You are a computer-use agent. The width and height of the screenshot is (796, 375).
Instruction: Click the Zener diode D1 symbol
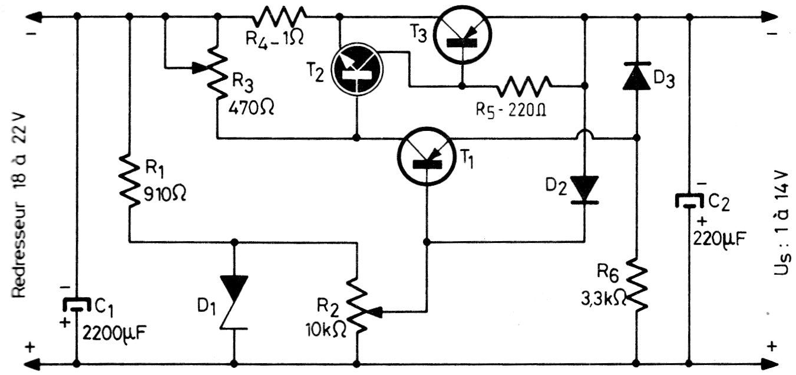[234, 301]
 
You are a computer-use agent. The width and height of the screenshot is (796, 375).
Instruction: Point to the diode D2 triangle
[584, 188]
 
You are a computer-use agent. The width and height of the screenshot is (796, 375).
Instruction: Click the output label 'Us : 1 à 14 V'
[782, 215]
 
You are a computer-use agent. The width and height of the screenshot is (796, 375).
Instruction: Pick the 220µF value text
[720, 239]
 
